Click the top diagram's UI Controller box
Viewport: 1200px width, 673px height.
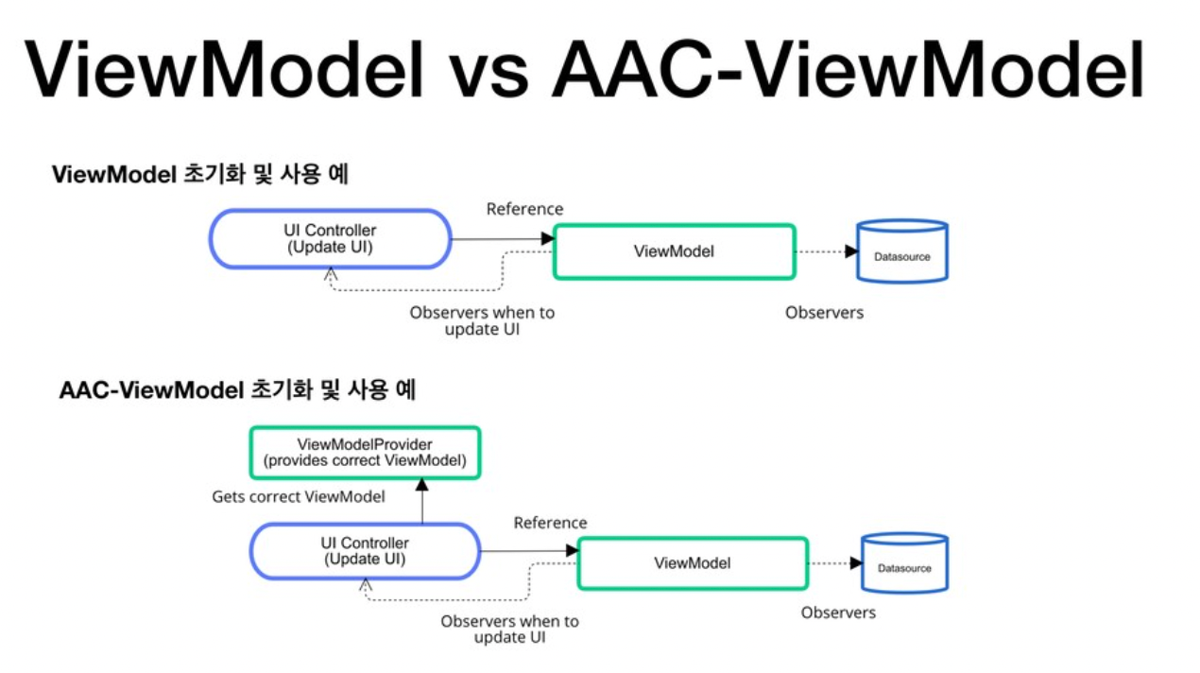pos(330,239)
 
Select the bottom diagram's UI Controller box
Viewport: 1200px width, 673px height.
pos(366,551)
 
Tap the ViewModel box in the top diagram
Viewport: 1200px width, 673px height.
pos(673,251)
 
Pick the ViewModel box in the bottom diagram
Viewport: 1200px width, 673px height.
pos(693,562)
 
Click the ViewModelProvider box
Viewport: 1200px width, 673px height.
pos(365,452)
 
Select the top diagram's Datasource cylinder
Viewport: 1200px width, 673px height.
pos(901,252)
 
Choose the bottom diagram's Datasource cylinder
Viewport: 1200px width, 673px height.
pos(904,564)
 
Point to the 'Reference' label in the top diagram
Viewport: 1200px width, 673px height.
pos(524,209)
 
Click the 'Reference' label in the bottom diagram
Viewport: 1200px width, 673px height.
pos(550,523)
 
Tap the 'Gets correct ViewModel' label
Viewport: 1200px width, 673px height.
pos(298,496)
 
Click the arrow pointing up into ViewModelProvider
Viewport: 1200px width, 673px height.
pos(422,501)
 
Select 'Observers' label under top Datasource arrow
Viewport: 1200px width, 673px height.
pos(824,312)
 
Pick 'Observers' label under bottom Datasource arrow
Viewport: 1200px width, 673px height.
pos(838,613)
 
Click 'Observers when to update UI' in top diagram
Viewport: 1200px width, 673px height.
pos(482,320)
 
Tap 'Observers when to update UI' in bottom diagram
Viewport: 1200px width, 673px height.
pos(509,629)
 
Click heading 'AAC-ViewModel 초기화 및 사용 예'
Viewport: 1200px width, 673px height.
pos(237,390)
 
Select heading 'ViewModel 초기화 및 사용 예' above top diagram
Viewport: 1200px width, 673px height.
pos(199,175)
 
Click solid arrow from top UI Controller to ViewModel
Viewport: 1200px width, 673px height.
pos(501,239)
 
